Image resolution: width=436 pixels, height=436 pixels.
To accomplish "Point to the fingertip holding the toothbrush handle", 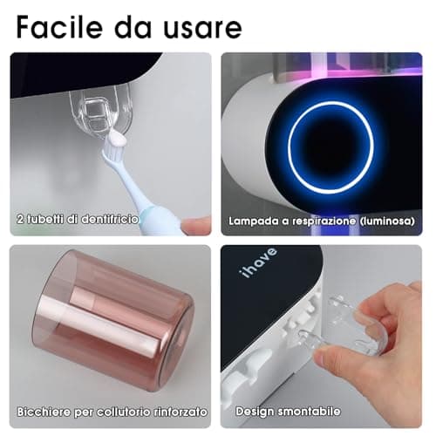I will (197, 225).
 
